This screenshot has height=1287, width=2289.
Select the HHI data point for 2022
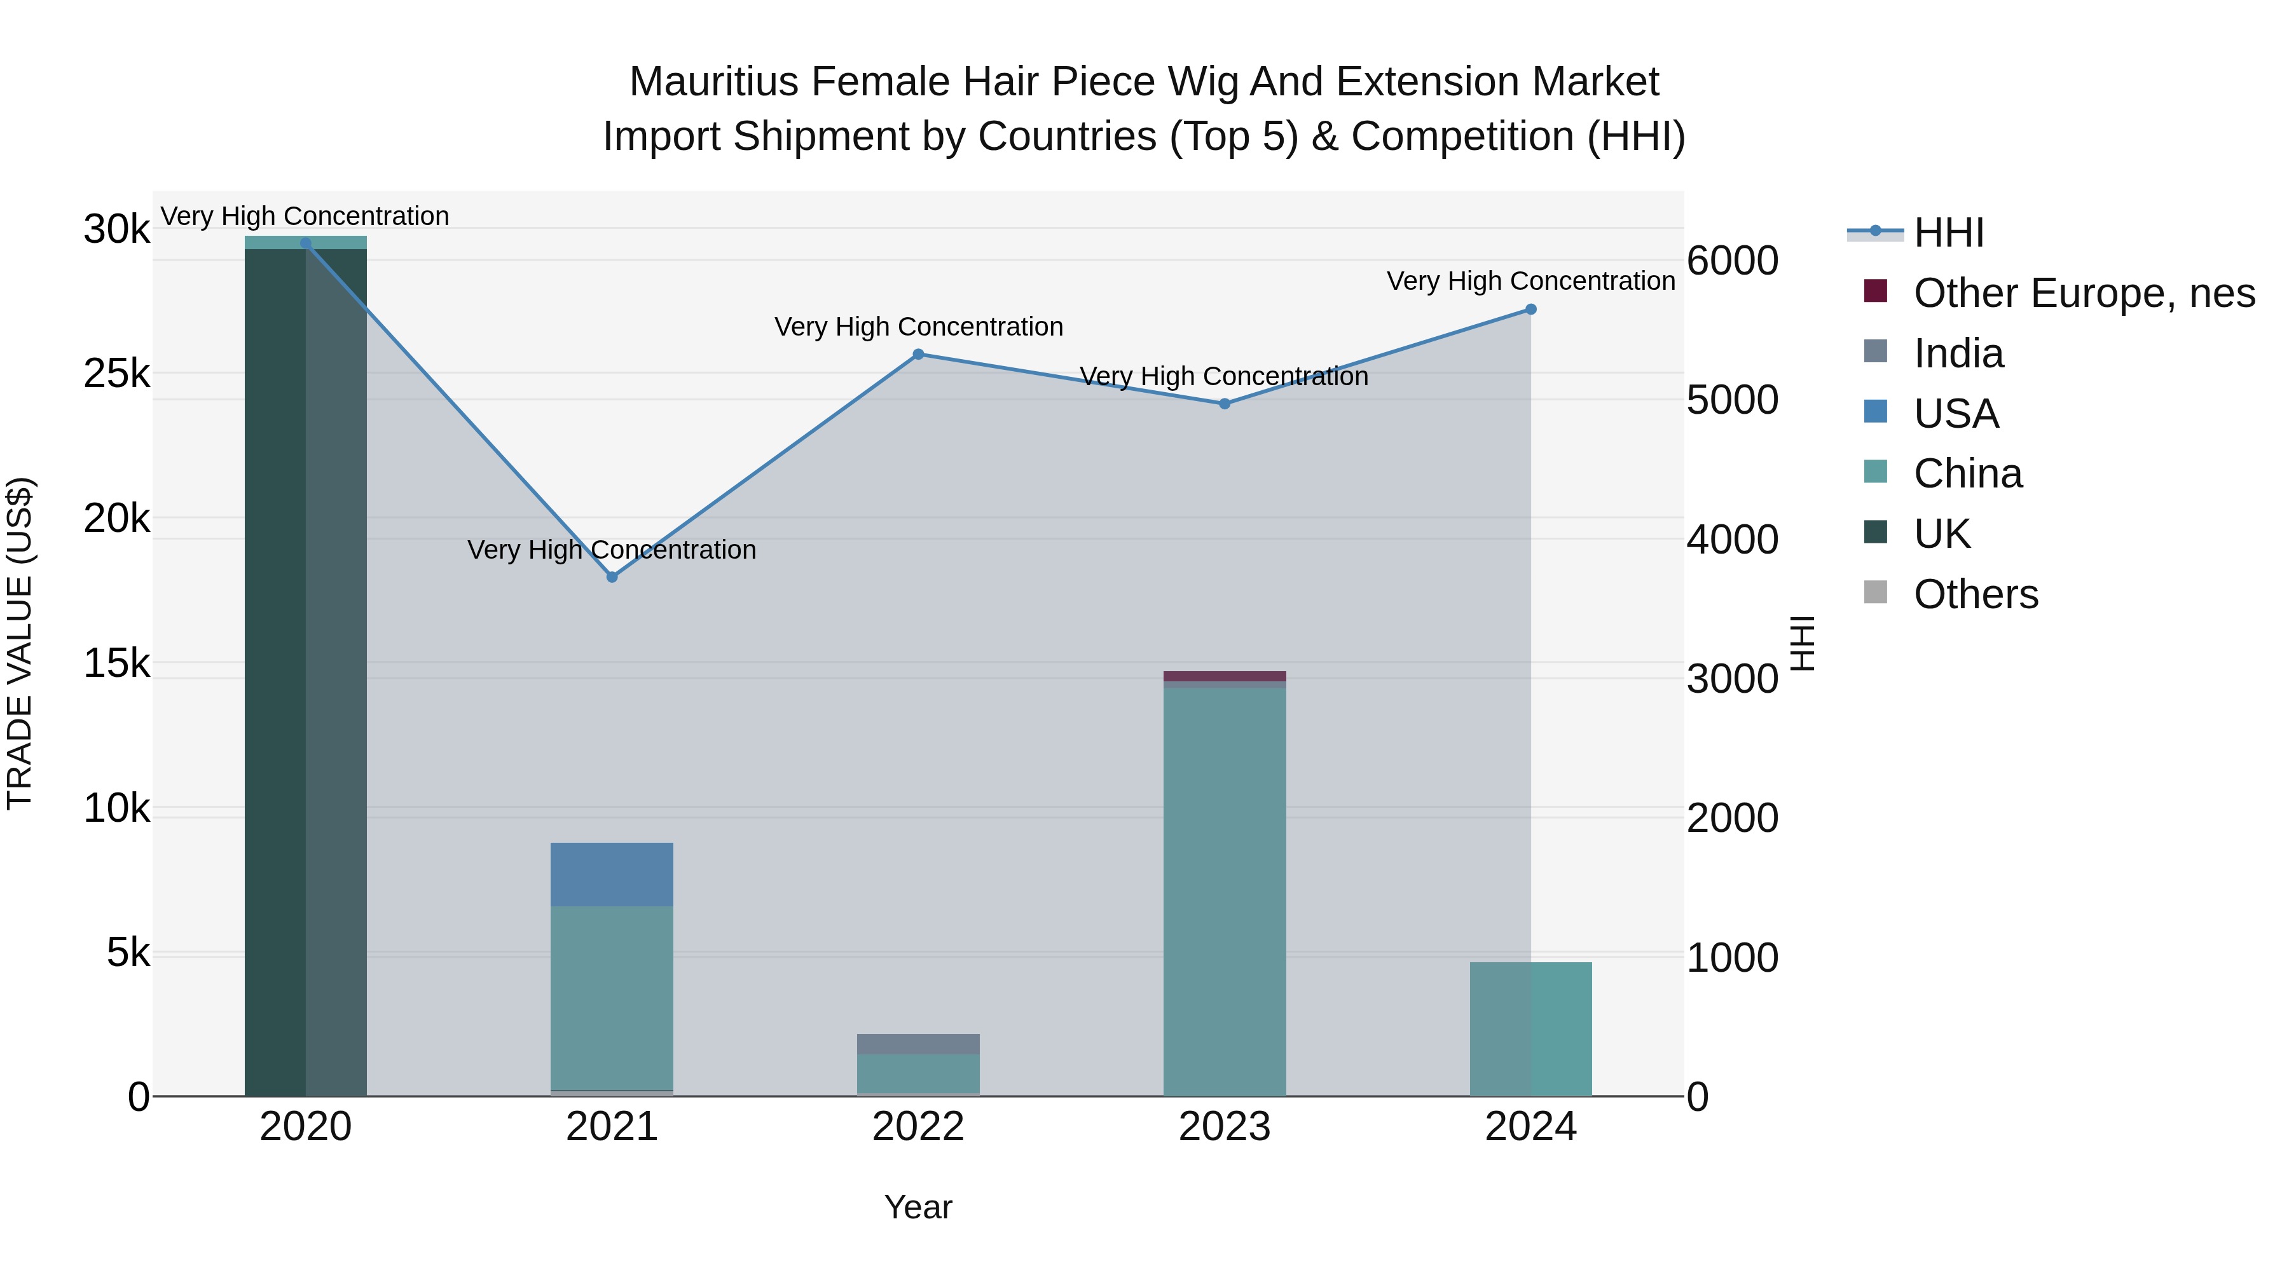click(x=918, y=355)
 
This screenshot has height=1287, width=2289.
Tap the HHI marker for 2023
click(x=1225, y=403)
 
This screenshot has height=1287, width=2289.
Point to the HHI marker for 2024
click(x=1530, y=309)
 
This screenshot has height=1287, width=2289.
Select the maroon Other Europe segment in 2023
click(x=1225, y=676)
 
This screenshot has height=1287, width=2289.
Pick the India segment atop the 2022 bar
click(x=918, y=1044)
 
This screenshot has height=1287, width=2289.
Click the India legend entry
click(x=1958, y=353)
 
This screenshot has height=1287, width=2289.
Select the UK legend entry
click(x=1942, y=534)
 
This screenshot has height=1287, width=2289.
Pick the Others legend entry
click(x=1976, y=594)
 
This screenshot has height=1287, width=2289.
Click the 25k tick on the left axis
click(x=116, y=374)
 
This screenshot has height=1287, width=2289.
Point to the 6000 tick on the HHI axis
click(x=1732, y=261)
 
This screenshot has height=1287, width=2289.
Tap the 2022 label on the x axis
click(x=918, y=1127)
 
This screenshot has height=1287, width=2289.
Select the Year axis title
click(x=918, y=1207)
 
